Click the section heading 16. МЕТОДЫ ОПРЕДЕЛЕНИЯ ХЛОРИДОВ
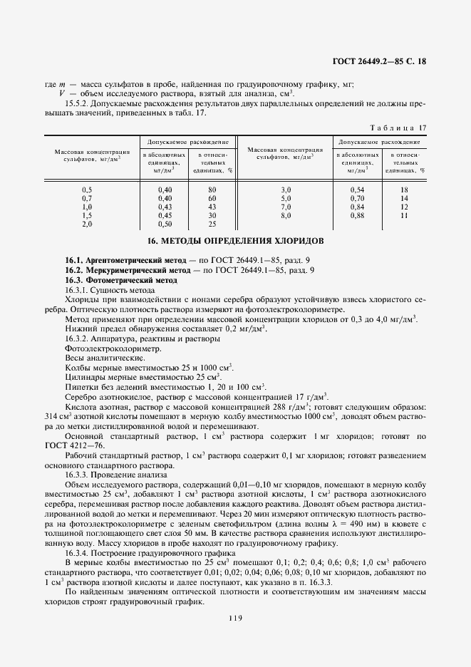[235, 241]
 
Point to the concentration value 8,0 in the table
[286, 214]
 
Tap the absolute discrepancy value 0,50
[165, 223]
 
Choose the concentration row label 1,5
[87, 214]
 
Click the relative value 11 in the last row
[403, 214]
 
